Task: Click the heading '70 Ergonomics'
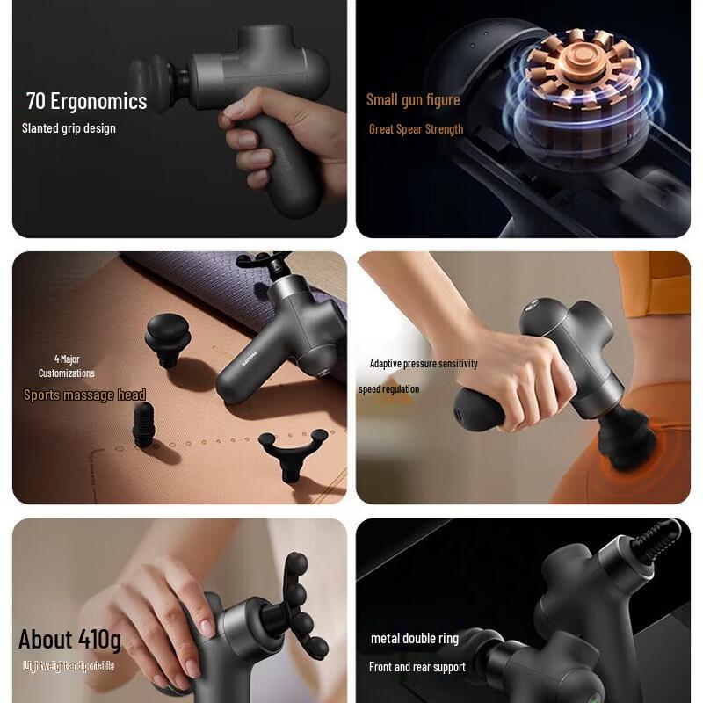tap(86, 101)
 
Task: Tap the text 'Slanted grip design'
tap(69, 128)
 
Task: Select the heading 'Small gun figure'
tap(413, 100)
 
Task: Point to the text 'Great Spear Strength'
tap(416, 129)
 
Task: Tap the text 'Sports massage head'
tap(84, 395)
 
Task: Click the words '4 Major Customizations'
tap(66, 366)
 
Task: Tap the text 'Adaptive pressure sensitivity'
tap(424, 364)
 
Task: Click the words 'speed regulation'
tap(388, 389)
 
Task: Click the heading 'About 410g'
tap(69, 638)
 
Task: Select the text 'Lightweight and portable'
tap(69, 666)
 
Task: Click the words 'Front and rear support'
tap(417, 667)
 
